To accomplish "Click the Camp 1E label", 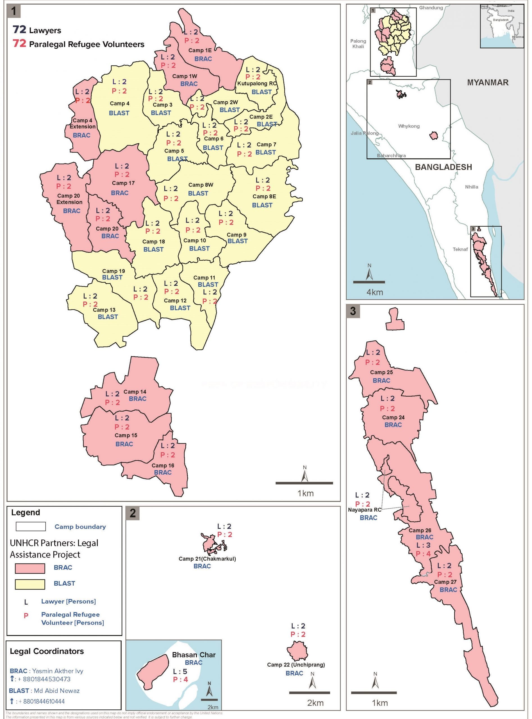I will click(200, 50).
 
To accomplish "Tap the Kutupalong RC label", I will click(257, 83).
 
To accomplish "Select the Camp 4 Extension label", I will click(83, 123).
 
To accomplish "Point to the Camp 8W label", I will click(201, 185).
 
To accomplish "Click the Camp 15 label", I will click(126, 435).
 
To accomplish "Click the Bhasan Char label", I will click(194, 655).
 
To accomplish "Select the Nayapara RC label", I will click(364, 510).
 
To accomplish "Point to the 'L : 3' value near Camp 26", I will click(423, 545).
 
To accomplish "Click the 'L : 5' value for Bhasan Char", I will click(180, 671).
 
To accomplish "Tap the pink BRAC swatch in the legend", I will click(30, 568).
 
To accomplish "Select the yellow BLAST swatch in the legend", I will click(30, 584).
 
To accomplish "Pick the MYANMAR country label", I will click(488, 82).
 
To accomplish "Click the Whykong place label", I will click(409, 126).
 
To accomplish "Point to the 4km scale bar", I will click(369, 282).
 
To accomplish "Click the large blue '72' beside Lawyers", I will click(19, 29).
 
